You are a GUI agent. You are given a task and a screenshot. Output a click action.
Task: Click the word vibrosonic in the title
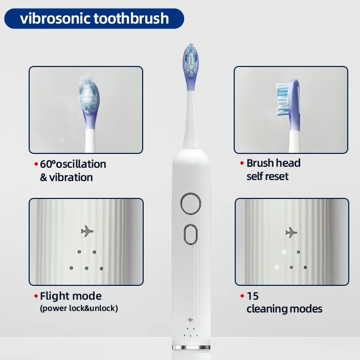(x=55, y=19)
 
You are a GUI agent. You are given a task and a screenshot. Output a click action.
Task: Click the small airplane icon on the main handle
(x=190, y=319)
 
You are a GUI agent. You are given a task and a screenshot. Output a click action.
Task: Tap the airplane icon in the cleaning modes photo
(x=291, y=233)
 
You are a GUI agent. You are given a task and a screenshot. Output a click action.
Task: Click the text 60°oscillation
(x=73, y=164)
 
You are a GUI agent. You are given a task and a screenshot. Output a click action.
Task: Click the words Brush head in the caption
(x=274, y=163)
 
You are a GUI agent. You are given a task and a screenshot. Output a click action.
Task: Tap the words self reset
(x=267, y=176)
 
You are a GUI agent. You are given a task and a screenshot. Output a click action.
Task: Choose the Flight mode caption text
(x=71, y=296)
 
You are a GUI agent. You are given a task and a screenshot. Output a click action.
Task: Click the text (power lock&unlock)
(x=79, y=308)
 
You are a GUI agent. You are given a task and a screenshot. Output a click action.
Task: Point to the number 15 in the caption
(x=253, y=296)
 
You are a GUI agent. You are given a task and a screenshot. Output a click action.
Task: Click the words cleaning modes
(x=284, y=309)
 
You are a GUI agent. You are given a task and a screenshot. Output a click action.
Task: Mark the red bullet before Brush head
(x=241, y=164)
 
